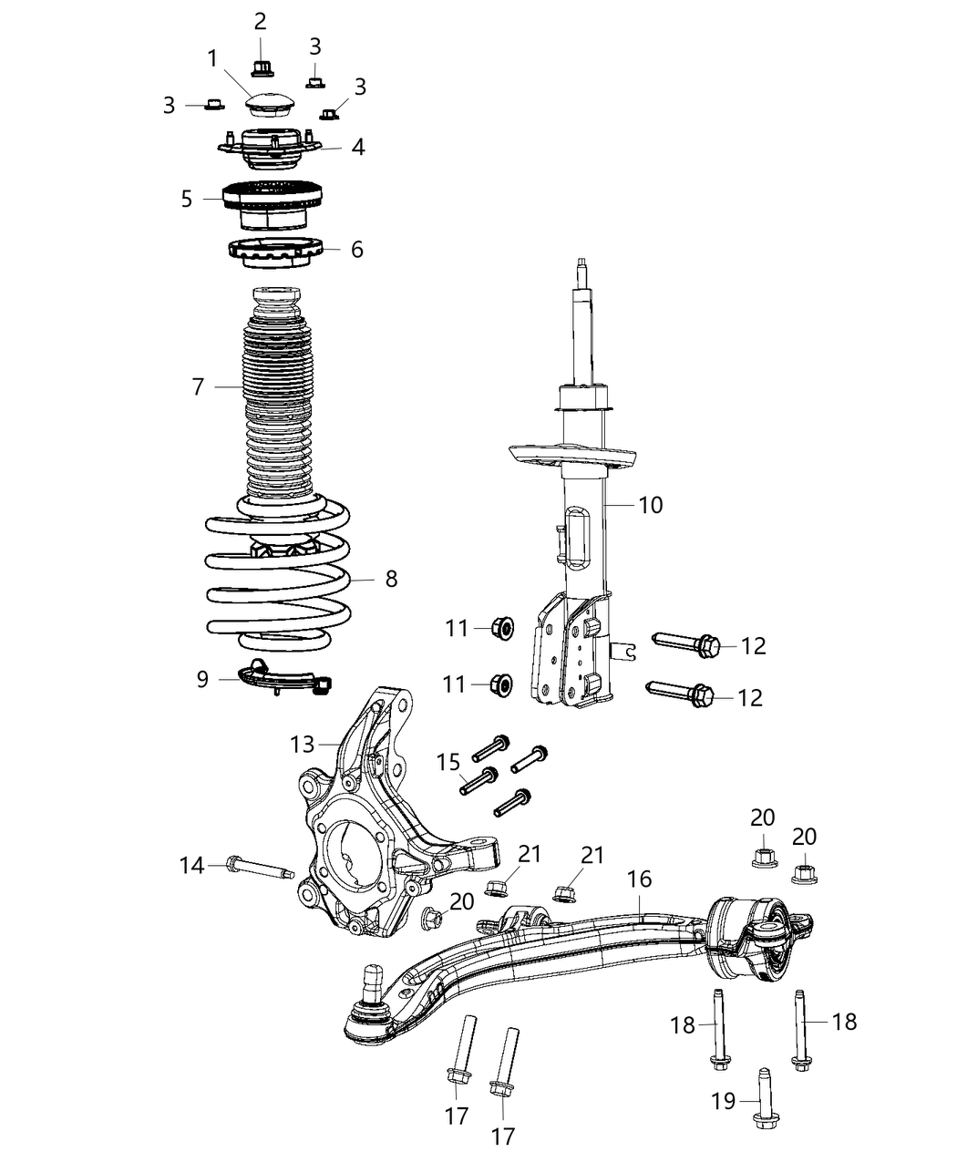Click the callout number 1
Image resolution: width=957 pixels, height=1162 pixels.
(212, 59)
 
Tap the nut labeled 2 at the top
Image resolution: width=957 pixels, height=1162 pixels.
(261, 67)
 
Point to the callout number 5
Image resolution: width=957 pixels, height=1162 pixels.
(187, 199)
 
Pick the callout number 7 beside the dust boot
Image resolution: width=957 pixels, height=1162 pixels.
(198, 386)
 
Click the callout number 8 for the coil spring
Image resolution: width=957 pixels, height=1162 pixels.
(391, 578)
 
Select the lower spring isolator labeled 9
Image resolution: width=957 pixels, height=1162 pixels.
(283, 680)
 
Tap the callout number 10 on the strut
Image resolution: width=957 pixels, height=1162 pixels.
(651, 504)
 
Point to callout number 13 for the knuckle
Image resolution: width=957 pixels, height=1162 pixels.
(302, 745)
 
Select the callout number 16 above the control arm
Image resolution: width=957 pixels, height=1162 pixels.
(640, 879)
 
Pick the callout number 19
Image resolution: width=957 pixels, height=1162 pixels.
(724, 1101)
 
